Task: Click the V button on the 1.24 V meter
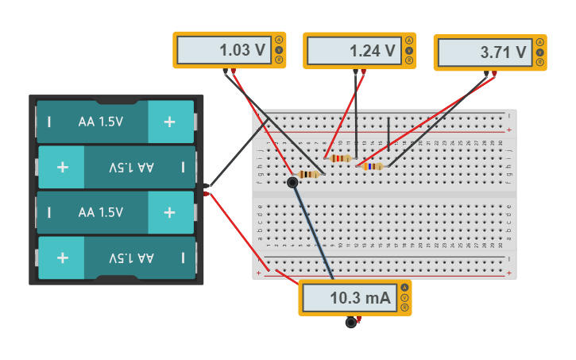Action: [409, 50]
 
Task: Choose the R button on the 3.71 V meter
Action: [540, 62]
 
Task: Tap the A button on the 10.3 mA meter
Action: [404, 288]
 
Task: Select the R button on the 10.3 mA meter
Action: [404, 308]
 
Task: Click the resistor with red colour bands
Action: [339, 158]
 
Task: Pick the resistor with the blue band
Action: [371, 166]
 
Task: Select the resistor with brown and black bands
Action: [308, 174]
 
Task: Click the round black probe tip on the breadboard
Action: [292, 183]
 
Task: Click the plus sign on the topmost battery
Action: [169, 122]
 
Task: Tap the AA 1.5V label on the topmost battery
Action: [101, 122]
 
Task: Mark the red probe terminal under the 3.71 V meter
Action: [494, 74]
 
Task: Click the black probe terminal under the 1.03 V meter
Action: [226, 72]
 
